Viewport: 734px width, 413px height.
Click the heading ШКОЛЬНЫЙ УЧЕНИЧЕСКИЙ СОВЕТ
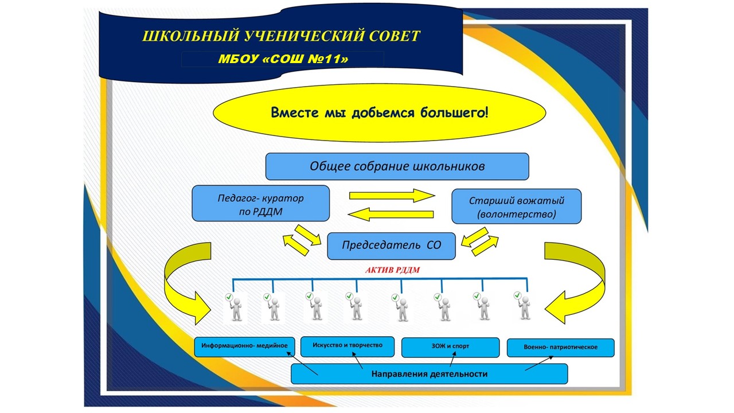click(281, 36)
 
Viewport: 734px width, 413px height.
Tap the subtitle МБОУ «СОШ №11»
click(283, 59)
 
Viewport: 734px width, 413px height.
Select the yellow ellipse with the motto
click(380, 113)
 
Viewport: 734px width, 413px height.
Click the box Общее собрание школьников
click(397, 166)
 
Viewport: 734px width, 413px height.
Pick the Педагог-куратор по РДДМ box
click(261, 204)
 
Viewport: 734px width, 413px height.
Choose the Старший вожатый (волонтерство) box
click(517, 206)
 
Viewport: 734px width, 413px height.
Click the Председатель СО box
click(391, 246)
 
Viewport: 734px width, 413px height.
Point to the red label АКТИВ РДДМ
click(393, 270)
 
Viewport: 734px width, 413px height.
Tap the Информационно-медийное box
click(244, 347)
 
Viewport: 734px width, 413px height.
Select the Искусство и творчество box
click(348, 346)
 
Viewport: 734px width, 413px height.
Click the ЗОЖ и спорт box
click(450, 348)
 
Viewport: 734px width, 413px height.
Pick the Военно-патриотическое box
click(560, 348)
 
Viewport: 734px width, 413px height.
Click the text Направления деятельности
click(430, 374)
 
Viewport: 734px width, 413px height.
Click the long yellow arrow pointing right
click(392, 196)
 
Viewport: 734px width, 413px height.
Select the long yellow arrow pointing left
click(391, 215)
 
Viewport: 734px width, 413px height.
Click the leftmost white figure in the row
click(235, 307)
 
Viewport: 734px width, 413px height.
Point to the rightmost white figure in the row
click(523, 305)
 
